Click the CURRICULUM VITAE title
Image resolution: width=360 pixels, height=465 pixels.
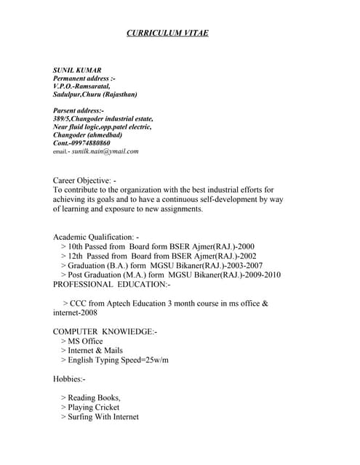click(168, 33)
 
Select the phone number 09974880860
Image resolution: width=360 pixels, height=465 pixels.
click(91, 143)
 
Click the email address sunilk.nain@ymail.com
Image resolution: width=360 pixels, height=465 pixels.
click(105, 151)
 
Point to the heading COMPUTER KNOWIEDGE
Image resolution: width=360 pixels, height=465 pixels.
click(105, 331)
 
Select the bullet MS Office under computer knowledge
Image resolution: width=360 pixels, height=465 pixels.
click(85, 341)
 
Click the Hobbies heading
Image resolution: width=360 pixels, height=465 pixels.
click(69, 379)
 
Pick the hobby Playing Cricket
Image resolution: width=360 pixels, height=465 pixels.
click(93, 408)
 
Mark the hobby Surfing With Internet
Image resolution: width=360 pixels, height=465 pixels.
click(103, 417)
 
